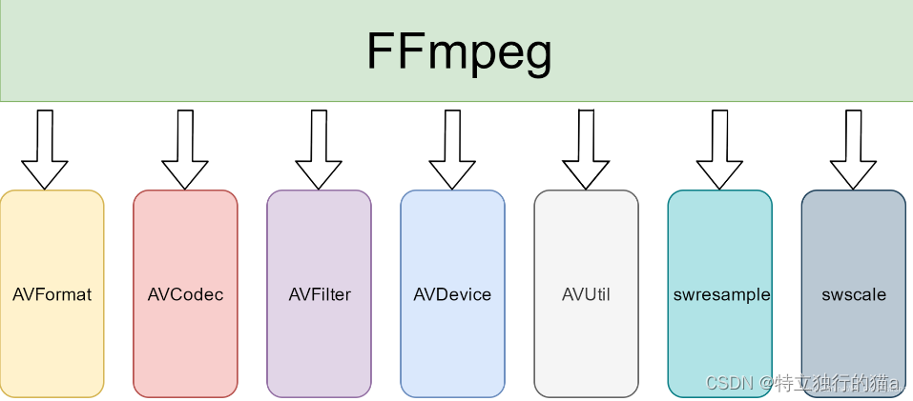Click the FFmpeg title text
coord(459,51)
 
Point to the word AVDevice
coord(452,294)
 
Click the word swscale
coord(853,294)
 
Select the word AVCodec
coord(185,294)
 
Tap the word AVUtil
coord(586,294)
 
